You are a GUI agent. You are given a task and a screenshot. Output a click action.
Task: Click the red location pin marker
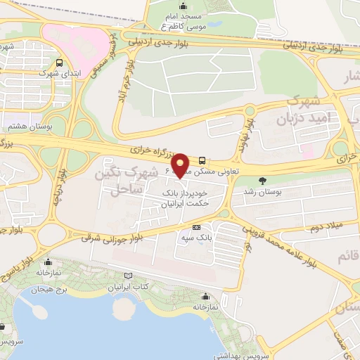[x=181, y=165]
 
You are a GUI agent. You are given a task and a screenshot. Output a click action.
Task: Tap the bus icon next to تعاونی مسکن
[x=202, y=160]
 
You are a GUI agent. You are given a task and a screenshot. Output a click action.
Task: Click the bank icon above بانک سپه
[x=196, y=227]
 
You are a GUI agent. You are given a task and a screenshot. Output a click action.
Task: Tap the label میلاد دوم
[x=325, y=228]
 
